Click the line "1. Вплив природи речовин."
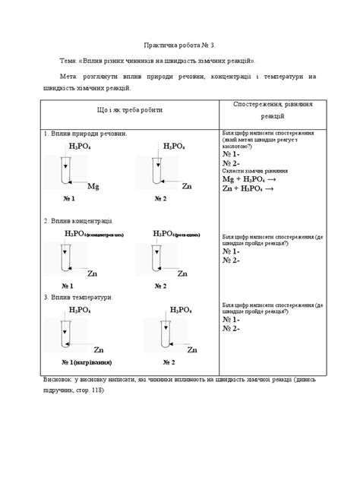[x=85, y=134]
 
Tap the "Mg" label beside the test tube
[x=93, y=185]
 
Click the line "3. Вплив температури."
[x=79, y=297]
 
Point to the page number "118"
[x=95, y=390]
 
